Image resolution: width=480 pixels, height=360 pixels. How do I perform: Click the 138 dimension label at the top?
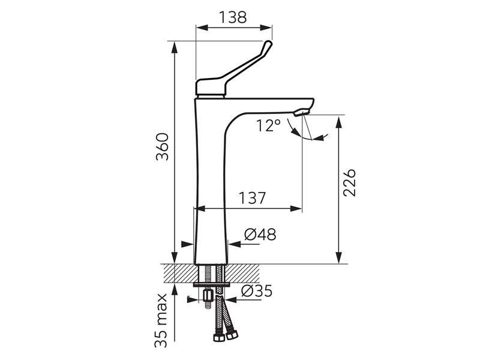click(233, 17)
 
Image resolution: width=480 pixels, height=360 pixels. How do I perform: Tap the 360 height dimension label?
click(162, 146)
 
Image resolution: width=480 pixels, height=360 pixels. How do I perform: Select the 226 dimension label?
click(349, 182)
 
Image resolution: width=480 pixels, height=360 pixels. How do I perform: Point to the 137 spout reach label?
click(252, 198)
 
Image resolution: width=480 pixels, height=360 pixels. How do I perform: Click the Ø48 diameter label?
click(260, 235)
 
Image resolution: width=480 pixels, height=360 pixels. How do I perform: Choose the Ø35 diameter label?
click(257, 291)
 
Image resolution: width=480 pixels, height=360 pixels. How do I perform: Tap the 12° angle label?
click(268, 125)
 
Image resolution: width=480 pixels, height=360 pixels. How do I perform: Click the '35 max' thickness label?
click(161, 320)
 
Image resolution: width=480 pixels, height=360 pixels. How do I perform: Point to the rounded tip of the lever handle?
click(268, 44)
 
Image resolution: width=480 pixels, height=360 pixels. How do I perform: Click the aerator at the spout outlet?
click(302, 113)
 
